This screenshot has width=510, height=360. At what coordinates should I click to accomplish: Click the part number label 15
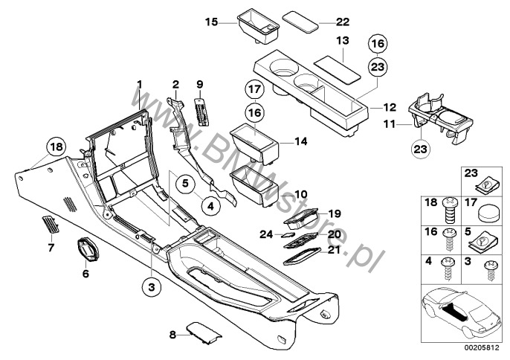211,22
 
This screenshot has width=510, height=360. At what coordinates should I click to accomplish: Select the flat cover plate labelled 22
300,22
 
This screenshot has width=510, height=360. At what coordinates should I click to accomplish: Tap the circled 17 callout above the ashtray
255,89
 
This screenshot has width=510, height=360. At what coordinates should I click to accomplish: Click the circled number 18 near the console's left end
57,147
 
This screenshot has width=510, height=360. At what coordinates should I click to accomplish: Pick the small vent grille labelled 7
51,225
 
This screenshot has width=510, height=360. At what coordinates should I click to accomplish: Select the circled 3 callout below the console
152,287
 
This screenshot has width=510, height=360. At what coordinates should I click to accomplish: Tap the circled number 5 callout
185,183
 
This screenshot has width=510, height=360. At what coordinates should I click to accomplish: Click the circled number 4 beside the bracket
211,206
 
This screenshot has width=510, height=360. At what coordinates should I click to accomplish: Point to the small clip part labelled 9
201,112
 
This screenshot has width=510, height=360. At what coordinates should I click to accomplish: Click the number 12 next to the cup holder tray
390,107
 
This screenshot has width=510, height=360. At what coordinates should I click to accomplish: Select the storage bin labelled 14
254,146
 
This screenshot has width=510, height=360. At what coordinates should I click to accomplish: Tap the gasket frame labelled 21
302,257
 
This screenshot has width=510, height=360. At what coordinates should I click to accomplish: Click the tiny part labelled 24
288,235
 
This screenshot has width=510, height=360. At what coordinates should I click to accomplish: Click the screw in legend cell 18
451,210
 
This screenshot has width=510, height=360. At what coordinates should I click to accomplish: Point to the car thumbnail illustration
462,313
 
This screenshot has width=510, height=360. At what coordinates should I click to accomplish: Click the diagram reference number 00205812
481,348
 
